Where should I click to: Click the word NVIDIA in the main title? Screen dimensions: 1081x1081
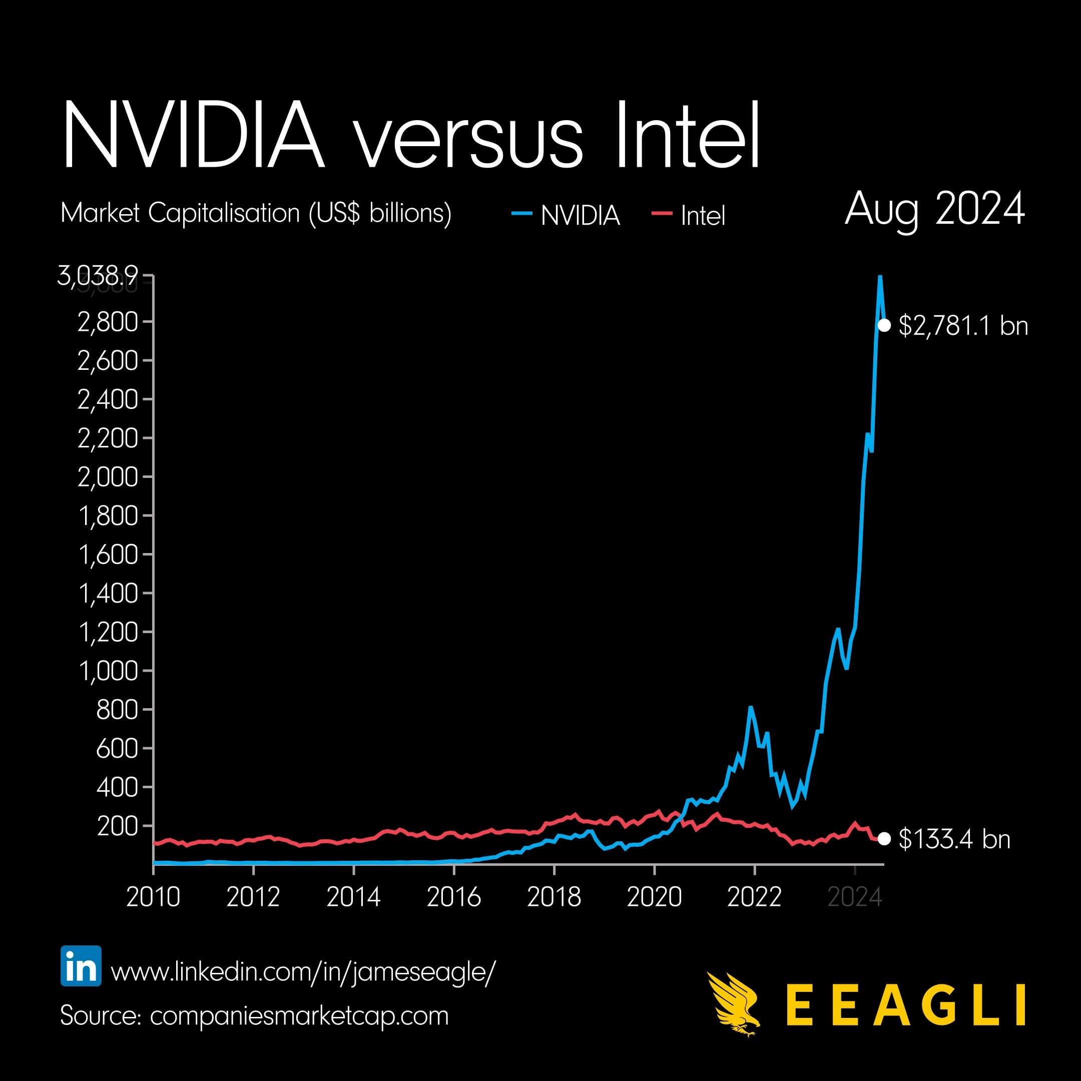pyautogui.click(x=193, y=136)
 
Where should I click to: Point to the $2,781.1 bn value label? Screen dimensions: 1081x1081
pyautogui.click(x=963, y=326)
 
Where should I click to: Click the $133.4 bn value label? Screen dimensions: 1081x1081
pyautogui.click(x=954, y=839)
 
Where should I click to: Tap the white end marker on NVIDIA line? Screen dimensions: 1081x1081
pyautogui.click(x=884, y=325)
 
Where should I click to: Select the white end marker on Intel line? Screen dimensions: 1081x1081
pyautogui.click(x=884, y=838)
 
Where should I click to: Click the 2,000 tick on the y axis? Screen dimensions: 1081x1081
pyautogui.click(x=108, y=477)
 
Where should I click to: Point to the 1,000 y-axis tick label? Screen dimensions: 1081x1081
pyautogui.click(x=108, y=671)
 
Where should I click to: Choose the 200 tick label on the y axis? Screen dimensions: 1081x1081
pyautogui.click(x=117, y=826)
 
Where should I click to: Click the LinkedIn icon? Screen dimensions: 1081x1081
pyautogui.click(x=81, y=966)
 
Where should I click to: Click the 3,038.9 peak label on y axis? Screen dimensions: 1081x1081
pyautogui.click(x=98, y=276)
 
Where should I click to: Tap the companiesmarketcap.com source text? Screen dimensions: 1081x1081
pyautogui.click(x=299, y=1015)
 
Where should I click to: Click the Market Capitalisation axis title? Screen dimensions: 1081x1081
pyautogui.click(x=256, y=213)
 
